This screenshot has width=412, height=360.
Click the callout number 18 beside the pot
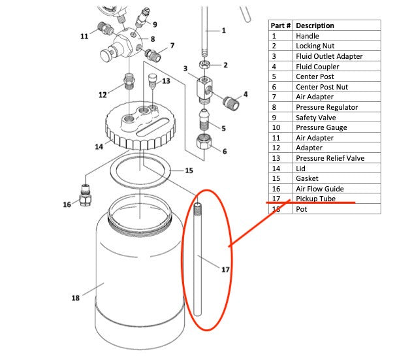pos(75,298)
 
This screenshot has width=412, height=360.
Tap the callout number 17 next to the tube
pos(225,269)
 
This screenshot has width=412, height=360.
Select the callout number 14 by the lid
pos(99,146)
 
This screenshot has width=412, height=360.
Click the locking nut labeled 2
pos(204,65)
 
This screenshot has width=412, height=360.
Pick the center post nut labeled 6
pos(204,142)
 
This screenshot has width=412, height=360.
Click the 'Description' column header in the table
pos(315,25)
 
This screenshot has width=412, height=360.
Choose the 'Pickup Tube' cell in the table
pos(315,199)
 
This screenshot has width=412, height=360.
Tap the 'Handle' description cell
pos(308,36)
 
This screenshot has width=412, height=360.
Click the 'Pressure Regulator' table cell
pos(326,107)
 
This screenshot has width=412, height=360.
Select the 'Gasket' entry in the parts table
pos(308,178)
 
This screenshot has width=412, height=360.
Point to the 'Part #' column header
pos(281,25)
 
